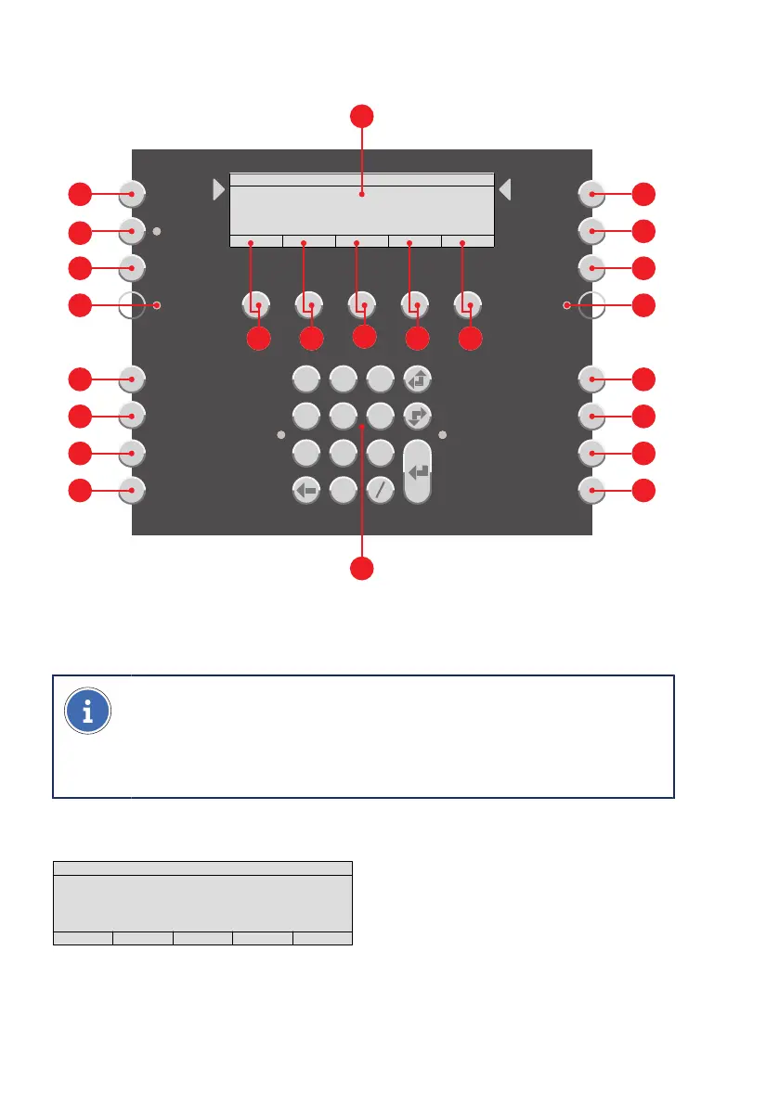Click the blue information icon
coord(87,713)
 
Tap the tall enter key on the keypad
coord(418,471)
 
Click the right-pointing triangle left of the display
coord(218,190)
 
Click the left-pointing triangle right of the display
coord(505,190)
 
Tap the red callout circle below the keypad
coord(362,568)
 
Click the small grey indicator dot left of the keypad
coord(281,434)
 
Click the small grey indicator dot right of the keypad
coord(443,434)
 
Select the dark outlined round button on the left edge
coord(133,304)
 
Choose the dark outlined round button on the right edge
coord(591,304)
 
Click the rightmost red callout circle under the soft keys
coord(471,339)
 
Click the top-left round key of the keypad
coord(305,378)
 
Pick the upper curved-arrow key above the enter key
coord(417,378)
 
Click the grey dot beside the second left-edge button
coord(157,231)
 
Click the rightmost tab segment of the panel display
coord(467,241)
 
